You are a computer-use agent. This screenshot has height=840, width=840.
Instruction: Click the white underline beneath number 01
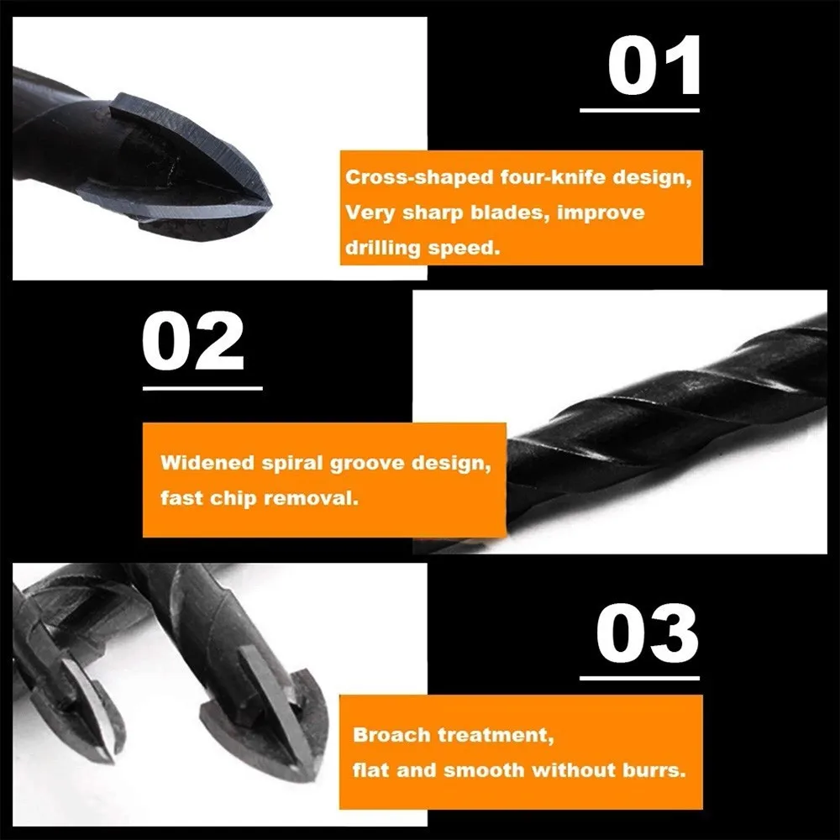(639, 109)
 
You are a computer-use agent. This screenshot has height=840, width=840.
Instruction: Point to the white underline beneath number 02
(202, 388)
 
